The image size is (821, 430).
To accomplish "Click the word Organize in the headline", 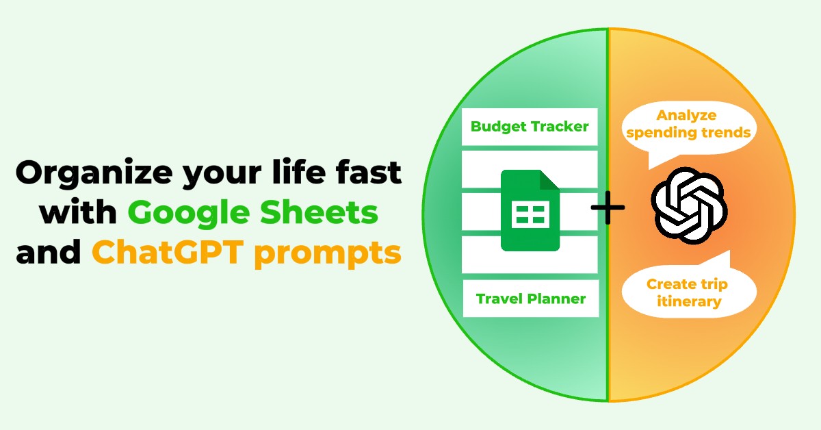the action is pos(94,173).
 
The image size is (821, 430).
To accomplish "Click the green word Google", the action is pos(189,214).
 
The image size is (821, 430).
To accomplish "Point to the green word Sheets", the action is pos(319,212).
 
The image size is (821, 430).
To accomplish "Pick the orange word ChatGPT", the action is pos(168,252).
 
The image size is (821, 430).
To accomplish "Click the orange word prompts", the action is pos(328,255).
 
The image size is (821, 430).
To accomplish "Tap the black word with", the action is pos(79,212).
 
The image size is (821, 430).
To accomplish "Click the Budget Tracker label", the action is pos(530,127).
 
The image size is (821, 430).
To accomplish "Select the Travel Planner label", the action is pos(531,299).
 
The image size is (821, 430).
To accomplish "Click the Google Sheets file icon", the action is pos(530,210).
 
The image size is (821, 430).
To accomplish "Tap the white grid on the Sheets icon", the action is pos(530,214).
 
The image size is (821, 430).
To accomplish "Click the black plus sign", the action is pos(608,207).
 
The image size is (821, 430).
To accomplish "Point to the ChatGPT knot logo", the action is pos(689,205).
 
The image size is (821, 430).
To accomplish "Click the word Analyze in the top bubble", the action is pos(686,116).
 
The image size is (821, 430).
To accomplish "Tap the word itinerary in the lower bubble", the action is pos(689,301).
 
